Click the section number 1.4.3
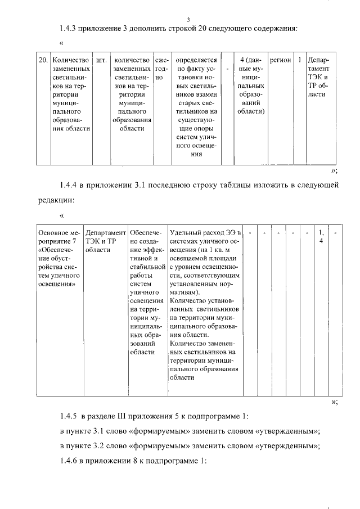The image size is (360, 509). pos(70,29)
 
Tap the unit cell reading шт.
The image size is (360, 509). pos(101,60)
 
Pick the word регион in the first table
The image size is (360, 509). pos(280,60)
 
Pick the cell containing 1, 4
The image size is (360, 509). pos(321,236)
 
